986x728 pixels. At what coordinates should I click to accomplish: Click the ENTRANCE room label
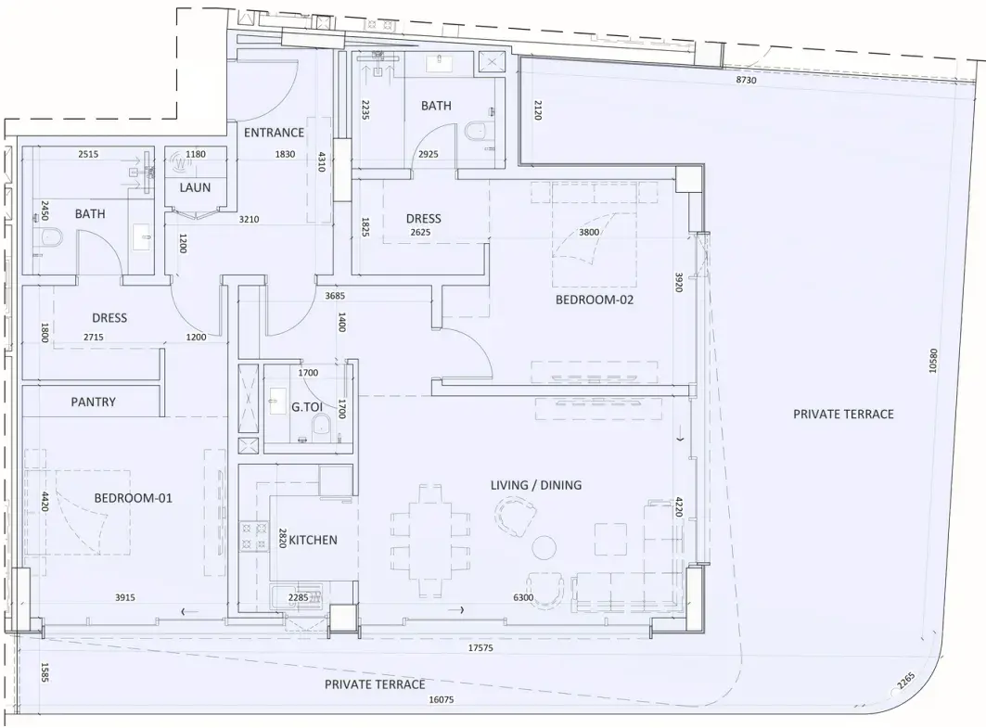(x=274, y=133)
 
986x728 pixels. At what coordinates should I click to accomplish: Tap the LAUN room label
(x=195, y=187)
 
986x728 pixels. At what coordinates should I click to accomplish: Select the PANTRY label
(x=93, y=402)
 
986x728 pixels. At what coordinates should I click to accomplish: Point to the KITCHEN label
(x=313, y=540)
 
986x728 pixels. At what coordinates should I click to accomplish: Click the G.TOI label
(x=307, y=407)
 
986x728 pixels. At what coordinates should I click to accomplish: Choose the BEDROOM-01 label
(x=133, y=498)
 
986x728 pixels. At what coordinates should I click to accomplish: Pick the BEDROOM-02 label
(x=595, y=300)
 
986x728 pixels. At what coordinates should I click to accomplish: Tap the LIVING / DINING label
(x=536, y=485)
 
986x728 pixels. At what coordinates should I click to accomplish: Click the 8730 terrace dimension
(x=746, y=81)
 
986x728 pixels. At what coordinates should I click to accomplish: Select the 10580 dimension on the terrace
(x=933, y=361)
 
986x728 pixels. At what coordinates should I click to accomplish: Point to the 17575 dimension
(x=480, y=648)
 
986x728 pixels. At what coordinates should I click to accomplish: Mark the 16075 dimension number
(x=441, y=699)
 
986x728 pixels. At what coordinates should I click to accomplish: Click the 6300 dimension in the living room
(x=523, y=598)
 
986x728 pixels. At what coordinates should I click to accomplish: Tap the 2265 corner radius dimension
(x=906, y=682)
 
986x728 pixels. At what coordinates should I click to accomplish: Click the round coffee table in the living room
(x=544, y=547)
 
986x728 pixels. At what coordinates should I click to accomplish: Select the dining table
(x=430, y=540)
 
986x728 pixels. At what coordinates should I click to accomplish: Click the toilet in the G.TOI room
(x=321, y=426)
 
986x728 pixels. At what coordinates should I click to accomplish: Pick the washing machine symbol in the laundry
(x=181, y=162)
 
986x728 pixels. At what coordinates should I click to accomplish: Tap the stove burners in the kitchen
(x=254, y=537)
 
